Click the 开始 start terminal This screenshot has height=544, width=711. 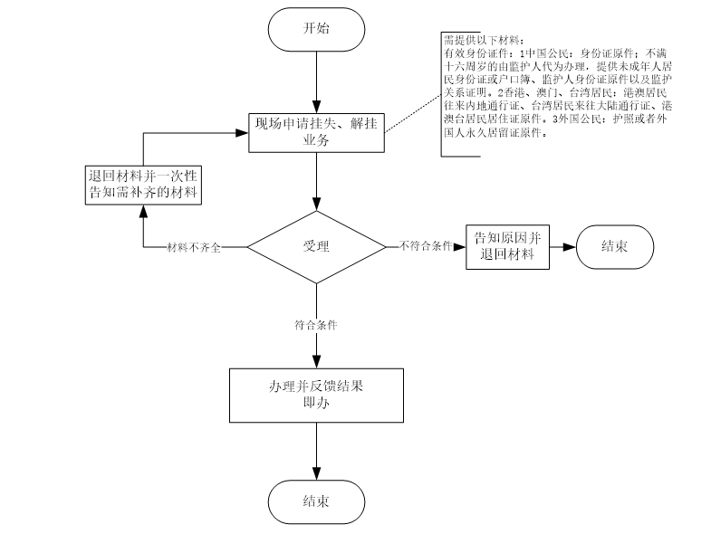(316, 27)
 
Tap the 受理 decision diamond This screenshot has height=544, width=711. (316, 246)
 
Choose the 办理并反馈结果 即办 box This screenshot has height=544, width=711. (316, 396)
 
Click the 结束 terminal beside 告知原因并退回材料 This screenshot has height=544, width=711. (613, 245)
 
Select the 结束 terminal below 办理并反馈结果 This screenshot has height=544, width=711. (316, 501)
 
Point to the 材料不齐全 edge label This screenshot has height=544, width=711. (193, 247)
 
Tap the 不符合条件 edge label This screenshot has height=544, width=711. (425, 246)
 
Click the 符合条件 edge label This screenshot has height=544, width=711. (316, 324)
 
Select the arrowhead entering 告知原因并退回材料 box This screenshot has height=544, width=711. (460, 246)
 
